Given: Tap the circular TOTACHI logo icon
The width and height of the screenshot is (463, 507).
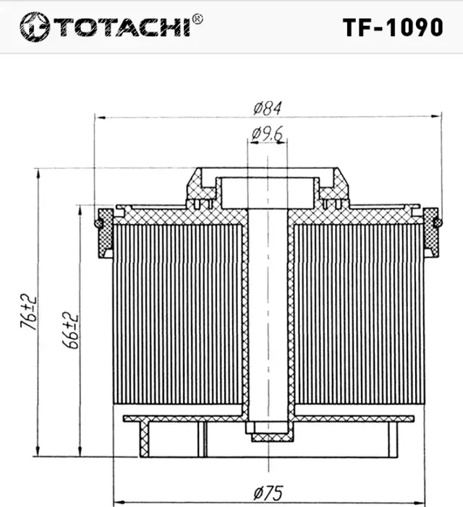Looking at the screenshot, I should (34, 27).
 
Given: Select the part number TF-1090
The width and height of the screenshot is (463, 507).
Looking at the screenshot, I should (392, 27).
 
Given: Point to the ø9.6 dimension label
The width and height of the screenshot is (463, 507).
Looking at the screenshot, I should (267, 134).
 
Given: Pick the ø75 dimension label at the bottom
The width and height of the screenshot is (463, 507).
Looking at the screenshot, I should (268, 493).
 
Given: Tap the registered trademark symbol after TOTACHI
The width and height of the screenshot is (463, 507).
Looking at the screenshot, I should (197, 19).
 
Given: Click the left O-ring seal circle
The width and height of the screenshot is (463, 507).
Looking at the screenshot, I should (98, 223).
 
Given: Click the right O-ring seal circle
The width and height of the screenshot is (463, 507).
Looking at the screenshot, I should (438, 223).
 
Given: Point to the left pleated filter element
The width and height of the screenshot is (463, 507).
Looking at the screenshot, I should (177, 314).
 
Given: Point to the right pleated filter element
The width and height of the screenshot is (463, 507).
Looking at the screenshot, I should (358, 314).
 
